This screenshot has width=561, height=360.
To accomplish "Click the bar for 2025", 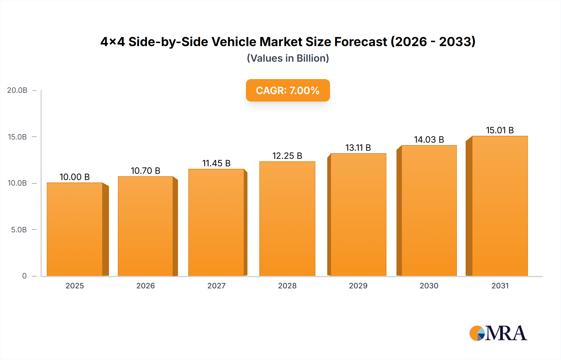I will click(x=75, y=229).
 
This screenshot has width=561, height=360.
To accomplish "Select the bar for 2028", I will click(x=287, y=219).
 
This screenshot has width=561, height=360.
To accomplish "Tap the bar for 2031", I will click(x=500, y=206).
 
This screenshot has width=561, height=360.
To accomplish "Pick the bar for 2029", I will click(x=358, y=215).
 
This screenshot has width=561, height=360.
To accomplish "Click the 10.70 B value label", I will click(x=146, y=171).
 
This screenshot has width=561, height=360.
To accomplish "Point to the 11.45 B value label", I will click(x=216, y=163).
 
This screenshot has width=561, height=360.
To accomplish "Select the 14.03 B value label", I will click(x=429, y=140).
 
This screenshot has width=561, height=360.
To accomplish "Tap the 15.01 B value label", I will click(x=500, y=130).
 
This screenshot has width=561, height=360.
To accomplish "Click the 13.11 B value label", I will click(x=358, y=148).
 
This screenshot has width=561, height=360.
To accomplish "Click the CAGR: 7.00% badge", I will click(x=288, y=90).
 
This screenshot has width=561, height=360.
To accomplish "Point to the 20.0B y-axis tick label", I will click(x=17, y=90).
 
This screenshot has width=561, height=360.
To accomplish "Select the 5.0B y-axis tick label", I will click(x=19, y=230).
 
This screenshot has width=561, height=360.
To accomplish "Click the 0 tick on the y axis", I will click(x=24, y=276).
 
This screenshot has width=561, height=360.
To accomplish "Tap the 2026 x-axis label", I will click(x=146, y=286).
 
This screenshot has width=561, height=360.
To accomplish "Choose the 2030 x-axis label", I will click(x=429, y=286).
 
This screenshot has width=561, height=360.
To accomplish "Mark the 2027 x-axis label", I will click(x=216, y=286).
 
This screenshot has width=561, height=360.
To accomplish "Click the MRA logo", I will click(x=498, y=333).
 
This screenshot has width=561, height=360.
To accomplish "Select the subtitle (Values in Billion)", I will click(x=288, y=58).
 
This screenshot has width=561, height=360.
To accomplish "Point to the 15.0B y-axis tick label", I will click(x=17, y=137).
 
